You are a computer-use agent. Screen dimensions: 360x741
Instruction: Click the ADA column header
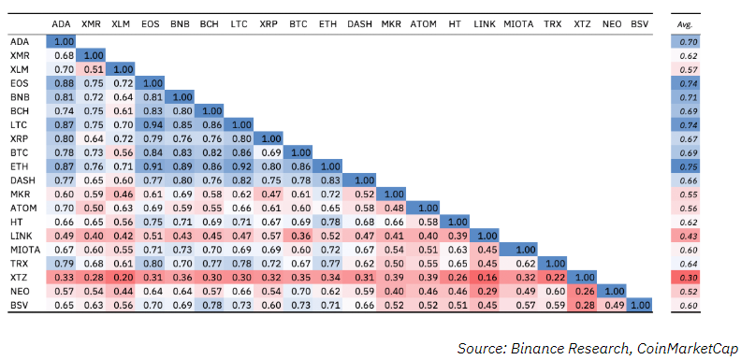click(x=64, y=22)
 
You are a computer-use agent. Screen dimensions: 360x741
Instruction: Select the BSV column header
click(x=639, y=22)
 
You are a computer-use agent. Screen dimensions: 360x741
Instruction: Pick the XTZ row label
click(x=20, y=277)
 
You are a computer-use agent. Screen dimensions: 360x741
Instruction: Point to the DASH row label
click(x=22, y=179)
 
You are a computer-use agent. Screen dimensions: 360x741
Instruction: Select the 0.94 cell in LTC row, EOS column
click(x=150, y=123)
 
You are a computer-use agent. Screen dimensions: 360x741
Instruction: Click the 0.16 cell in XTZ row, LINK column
click(x=485, y=277)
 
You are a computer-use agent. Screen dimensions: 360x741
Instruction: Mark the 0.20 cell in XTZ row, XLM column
click(x=121, y=277)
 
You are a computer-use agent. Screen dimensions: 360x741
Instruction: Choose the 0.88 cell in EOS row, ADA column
click(x=64, y=82)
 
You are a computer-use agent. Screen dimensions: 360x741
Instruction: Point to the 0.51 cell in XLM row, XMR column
click(x=92, y=68)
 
